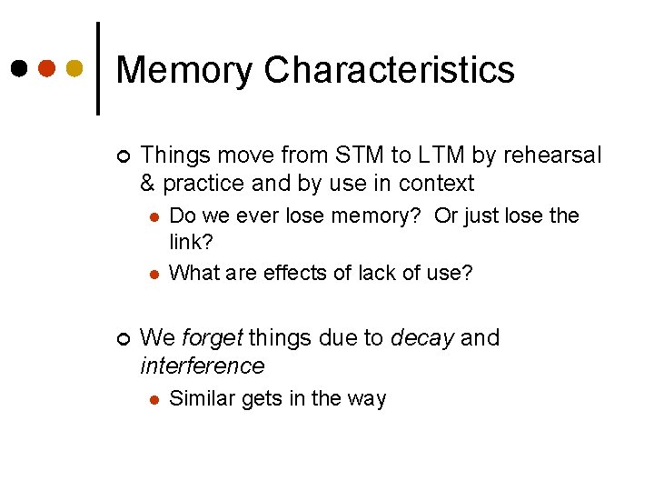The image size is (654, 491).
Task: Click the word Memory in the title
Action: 184,70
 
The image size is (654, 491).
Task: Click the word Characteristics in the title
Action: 390,69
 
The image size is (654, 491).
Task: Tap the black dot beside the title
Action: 18,68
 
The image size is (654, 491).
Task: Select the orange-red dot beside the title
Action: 47,68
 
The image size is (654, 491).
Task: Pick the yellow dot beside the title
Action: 75,68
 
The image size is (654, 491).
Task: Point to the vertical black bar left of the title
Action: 98,68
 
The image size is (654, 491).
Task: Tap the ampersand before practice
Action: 148,184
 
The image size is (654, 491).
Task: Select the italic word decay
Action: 421,338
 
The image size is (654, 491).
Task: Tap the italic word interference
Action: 203,366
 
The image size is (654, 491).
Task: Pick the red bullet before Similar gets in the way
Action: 154,399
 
